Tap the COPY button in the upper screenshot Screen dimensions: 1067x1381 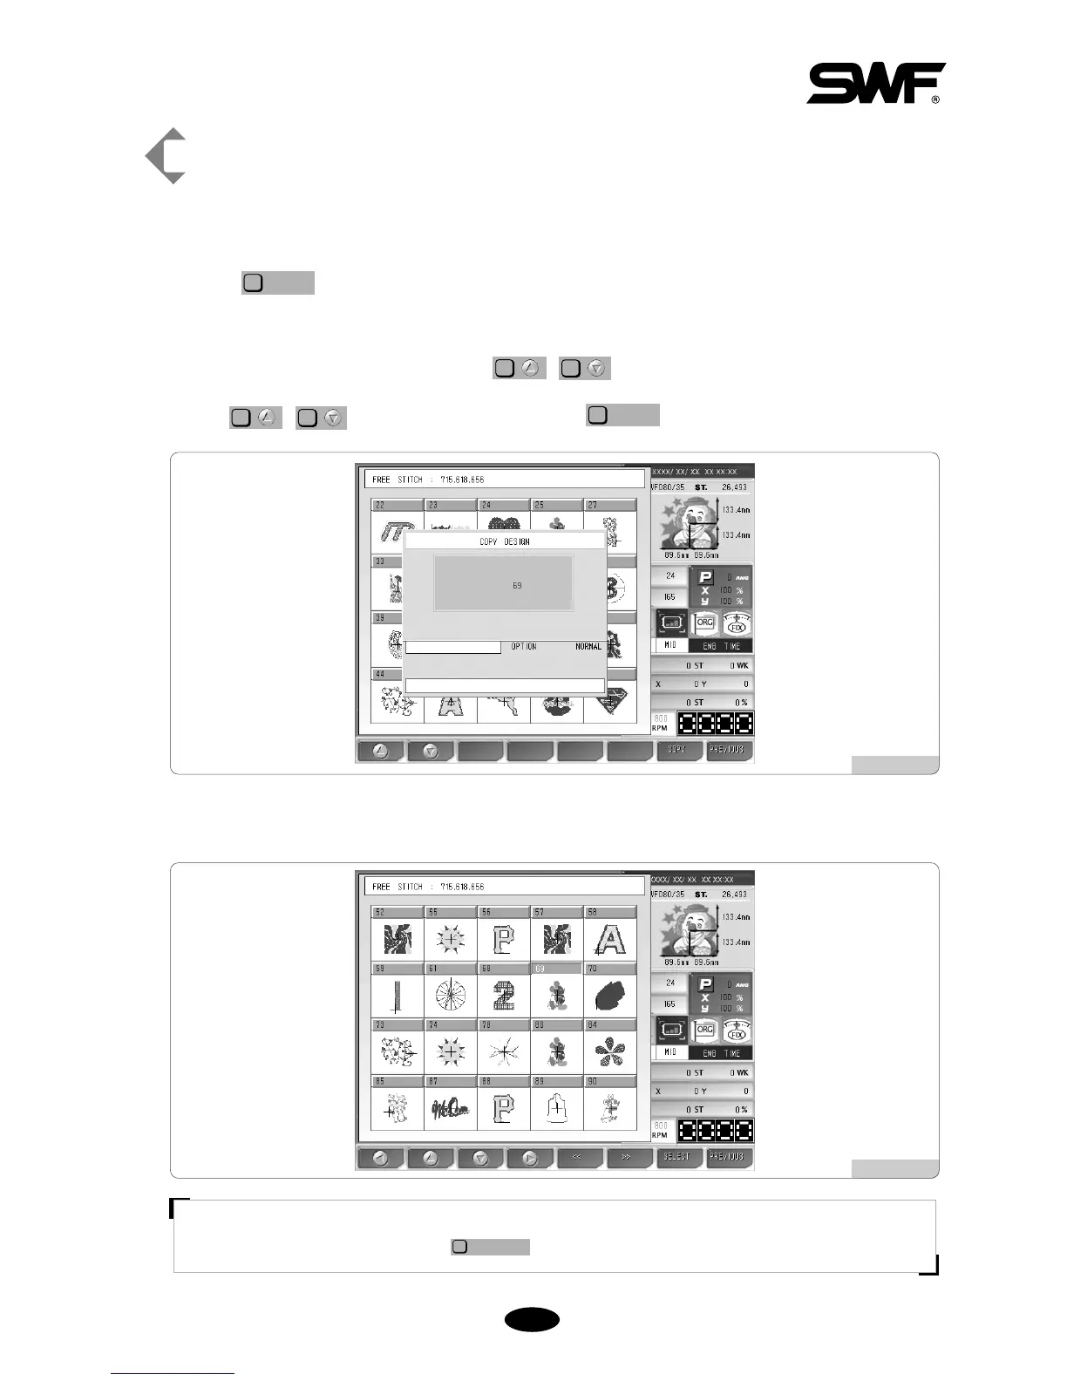click(x=677, y=750)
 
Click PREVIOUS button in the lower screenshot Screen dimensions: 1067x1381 click(x=729, y=1157)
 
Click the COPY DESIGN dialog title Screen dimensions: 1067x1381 click(x=505, y=541)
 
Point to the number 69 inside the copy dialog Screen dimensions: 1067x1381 click(x=517, y=585)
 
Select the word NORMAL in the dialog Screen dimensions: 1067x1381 click(x=588, y=646)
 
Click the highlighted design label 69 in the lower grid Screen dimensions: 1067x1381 click(x=556, y=969)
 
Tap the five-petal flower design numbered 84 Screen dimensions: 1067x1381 click(x=609, y=1052)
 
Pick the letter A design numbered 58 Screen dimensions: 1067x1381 click(x=609, y=939)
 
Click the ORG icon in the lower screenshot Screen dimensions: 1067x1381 click(x=705, y=1031)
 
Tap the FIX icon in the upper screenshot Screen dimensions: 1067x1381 click(x=737, y=623)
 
